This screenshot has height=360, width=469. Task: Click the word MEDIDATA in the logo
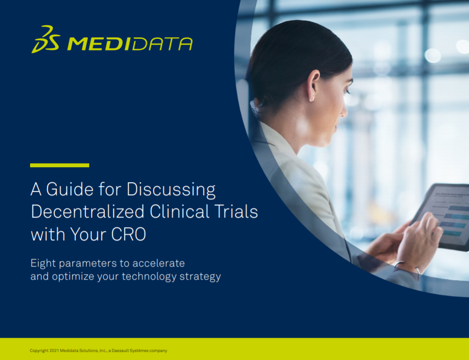[130, 44]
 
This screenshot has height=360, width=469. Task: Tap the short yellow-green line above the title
[60, 165]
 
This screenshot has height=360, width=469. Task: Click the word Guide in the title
[70, 189]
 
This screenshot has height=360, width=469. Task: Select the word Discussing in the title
[171, 190]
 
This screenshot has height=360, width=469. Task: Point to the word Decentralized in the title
[88, 212]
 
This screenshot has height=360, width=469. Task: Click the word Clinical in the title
[179, 212]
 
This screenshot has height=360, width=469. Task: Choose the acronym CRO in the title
[128, 234]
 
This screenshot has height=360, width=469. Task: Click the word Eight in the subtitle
[43, 264]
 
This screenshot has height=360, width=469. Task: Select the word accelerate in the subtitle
[158, 264]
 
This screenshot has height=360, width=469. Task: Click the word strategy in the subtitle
[200, 277]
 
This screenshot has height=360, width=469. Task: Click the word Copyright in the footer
[39, 351]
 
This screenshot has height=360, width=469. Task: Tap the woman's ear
[313, 85]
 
